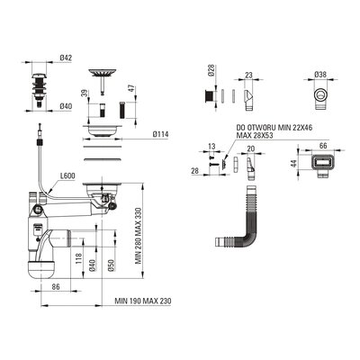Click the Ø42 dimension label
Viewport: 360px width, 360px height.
[x=66, y=58]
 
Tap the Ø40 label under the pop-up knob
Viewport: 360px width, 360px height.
[x=66, y=106]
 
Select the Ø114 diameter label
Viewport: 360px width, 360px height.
[x=160, y=134]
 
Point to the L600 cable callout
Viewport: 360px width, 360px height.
[x=67, y=175]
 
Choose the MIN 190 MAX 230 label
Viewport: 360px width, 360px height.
[x=143, y=301]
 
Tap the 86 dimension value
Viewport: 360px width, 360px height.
[x=56, y=287]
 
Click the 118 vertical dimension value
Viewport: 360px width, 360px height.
[x=78, y=258]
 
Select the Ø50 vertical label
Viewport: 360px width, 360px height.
[x=111, y=265]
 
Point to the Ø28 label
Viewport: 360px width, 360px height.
[x=211, y=71]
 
